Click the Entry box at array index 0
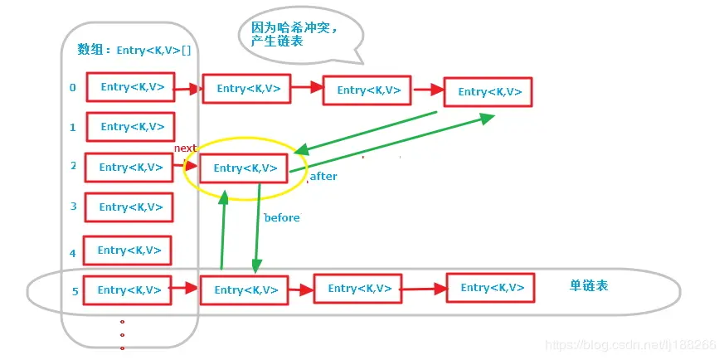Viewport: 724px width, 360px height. (131, 87)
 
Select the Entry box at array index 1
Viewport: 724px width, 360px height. (131, 127)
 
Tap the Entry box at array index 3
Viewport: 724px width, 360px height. (129, 207)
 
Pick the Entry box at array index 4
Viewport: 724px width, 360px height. (129, 251)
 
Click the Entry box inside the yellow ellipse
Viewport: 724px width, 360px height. (245, 168)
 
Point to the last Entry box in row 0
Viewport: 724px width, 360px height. (488, 92)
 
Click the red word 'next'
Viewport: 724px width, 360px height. (185, 148)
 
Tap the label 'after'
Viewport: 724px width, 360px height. (323, 177)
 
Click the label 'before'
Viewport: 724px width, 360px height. (282, 217)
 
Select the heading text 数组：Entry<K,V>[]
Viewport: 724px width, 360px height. (134, 50)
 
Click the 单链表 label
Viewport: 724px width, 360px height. (588, 285)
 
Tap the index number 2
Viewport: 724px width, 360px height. (73, 166)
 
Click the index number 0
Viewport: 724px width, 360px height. (73, 87)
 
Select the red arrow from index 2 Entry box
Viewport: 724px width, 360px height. (187, 167)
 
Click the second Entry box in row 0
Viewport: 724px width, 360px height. (246, 89)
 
